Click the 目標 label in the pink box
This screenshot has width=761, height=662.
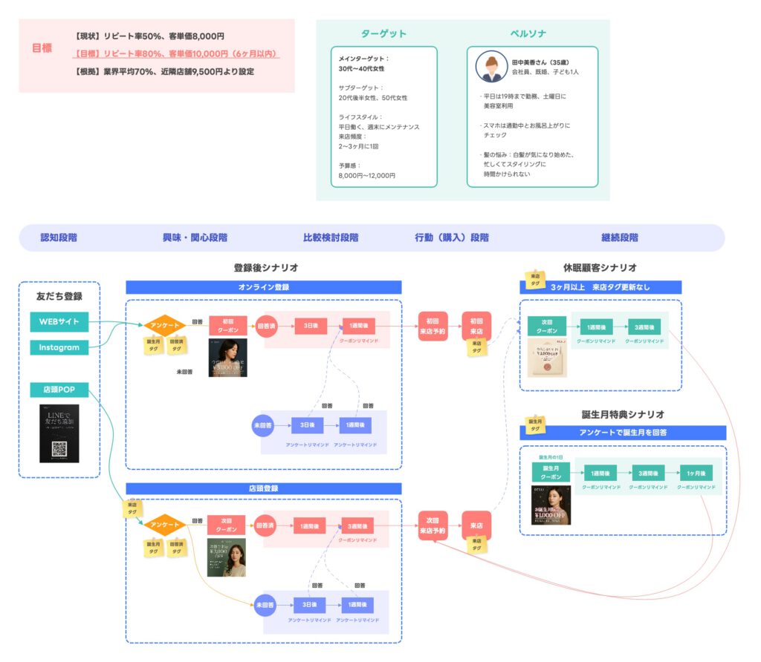click(x=42, y=48)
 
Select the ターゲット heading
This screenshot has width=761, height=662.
click(x=383, y=34)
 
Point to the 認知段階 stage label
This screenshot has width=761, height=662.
click(x=59, y=238)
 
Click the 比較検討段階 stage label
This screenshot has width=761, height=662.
click(x=331, y=238)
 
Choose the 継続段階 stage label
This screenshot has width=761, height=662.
click(x=619, y=238)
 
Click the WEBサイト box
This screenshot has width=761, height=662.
click(x=59, y=322)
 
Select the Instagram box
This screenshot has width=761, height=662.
click(x=59, y=347)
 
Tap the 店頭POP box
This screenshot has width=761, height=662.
click(x=59, y=390)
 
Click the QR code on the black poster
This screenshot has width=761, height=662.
click(x=59, y=448)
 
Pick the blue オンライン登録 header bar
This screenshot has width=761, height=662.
click(x=264, y=287)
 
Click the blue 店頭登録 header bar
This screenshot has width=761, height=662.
click(x=264, y=489)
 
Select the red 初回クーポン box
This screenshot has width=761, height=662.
click(x=227, y=325)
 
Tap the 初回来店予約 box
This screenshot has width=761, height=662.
click(x=433, y=326)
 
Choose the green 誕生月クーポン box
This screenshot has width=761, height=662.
click(x=551, y=472)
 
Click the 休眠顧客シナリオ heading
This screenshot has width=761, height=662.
click(x=600, y=268)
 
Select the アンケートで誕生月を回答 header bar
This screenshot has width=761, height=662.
click(x=623, y=433)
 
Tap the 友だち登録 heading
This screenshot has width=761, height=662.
click(x=59, y=296)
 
